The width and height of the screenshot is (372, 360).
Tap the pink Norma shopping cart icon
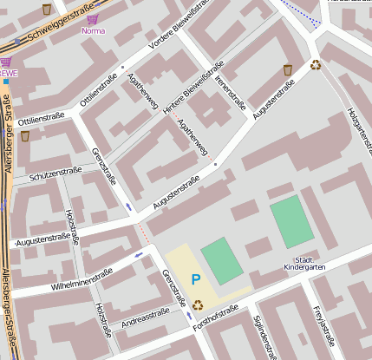pyautogui.click(x=93, y=18)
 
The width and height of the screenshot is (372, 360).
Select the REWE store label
pyautogui.click(x=8, y=74)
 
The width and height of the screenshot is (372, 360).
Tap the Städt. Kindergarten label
pyautogui.click(x=304, y=264)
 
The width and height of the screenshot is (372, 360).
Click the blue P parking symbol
pyautogui.click(x=196, y=279)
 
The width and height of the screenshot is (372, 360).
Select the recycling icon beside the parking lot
pyautogui.click(x=198, y=304)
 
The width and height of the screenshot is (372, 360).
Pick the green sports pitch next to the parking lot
pyautogui.click(x=222, y=261)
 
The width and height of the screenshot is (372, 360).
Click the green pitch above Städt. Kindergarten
pyautogui.click(x=291, y=221)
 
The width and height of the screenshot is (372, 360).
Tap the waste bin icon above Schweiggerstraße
pyautogui.click(x=46, y=9)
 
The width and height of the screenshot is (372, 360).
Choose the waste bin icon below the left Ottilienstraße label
pyautogui.click(x=25, y=135)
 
